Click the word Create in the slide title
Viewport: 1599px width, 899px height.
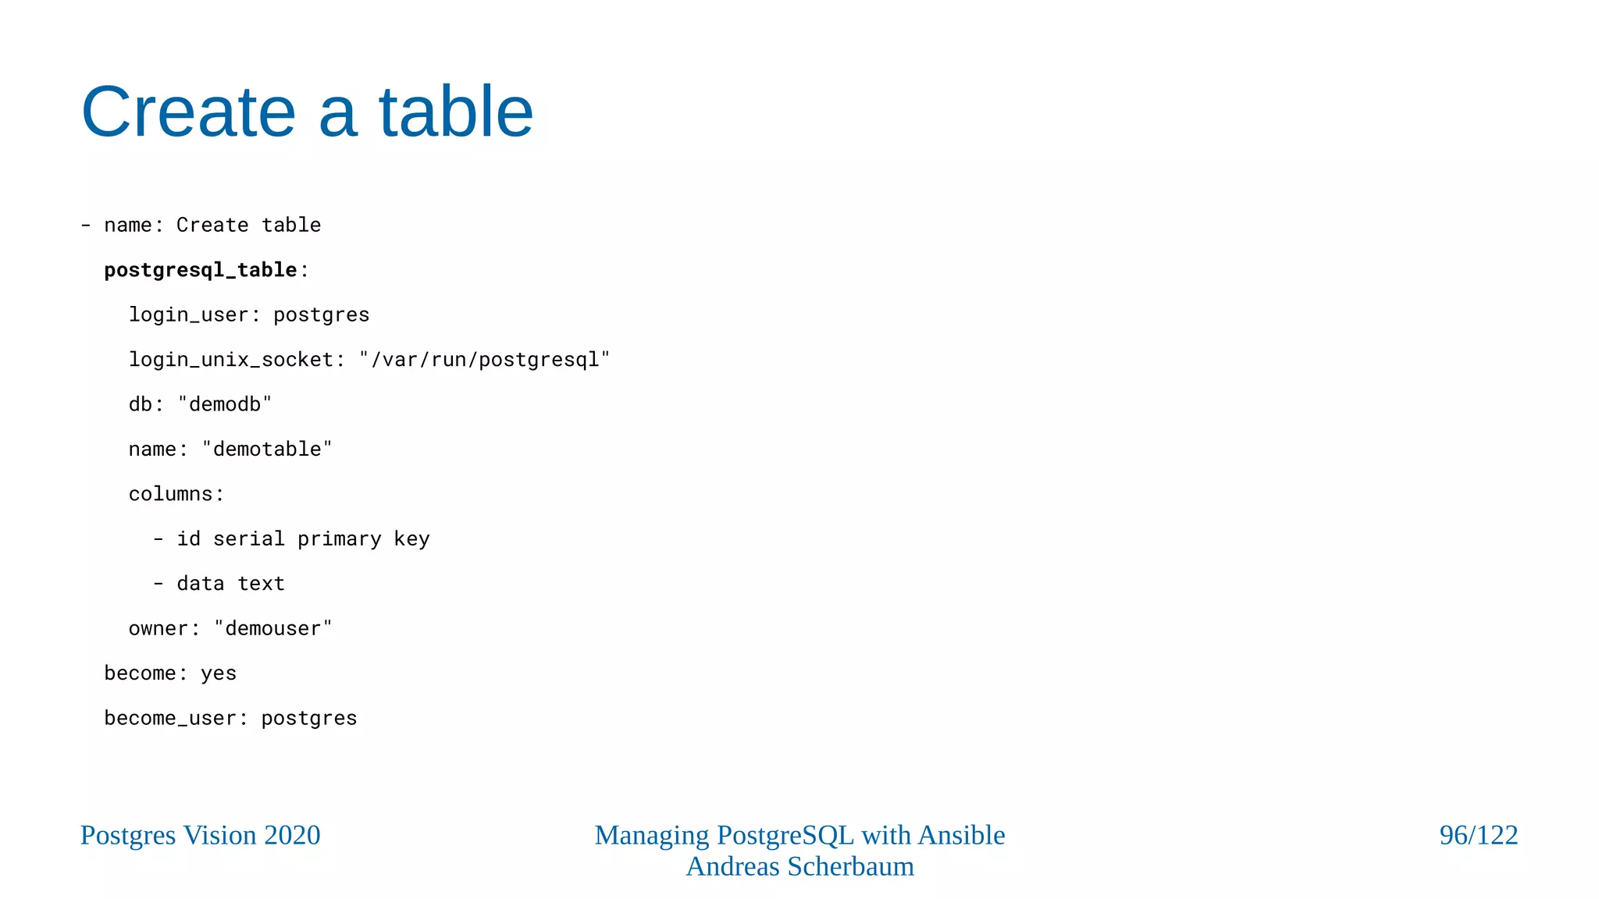click(x=188, y=112)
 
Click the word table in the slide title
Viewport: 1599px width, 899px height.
click(x=456, y=112)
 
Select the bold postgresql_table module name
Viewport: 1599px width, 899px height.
click(x=201, y=270)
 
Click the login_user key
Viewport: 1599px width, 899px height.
click(x=188, y=314)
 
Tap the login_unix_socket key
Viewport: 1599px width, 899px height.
click(x=231, y=360)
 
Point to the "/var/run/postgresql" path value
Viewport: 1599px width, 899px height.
click(x=484, y=360)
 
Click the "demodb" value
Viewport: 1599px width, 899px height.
click(x=225, y=404)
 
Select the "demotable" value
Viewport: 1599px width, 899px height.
click(x=267, y=449)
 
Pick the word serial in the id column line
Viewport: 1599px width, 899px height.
click(x=249, y=539)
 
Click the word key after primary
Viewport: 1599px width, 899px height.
click(x=411, y=539)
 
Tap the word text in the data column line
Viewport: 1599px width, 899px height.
click(x=261, y=584)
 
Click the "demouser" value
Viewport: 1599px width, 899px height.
click(x=272, y=629)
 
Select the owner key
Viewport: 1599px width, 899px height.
click(x=158, y=629)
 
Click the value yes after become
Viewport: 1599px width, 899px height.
click(x=219, y=673)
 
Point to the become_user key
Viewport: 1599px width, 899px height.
click(x=170, y=718)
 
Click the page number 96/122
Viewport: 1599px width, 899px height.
click(x=1478, y=835)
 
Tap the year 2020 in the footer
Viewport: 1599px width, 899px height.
click(x=292, y=835)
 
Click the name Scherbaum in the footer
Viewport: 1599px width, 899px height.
click(x=850, y=866)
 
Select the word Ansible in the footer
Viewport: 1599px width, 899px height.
click(x=961, y=835)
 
